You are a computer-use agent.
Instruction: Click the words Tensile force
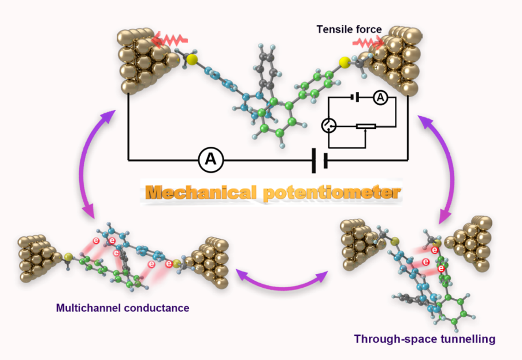coord(349,28)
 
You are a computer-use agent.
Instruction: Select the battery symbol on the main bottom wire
coord(319,160)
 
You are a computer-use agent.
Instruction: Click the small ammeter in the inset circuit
coord(380,99)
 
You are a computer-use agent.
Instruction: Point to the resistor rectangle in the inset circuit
coord(366,126)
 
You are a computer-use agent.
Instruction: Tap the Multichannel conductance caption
coord(123,308)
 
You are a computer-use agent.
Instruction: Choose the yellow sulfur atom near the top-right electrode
coord(345,62)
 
